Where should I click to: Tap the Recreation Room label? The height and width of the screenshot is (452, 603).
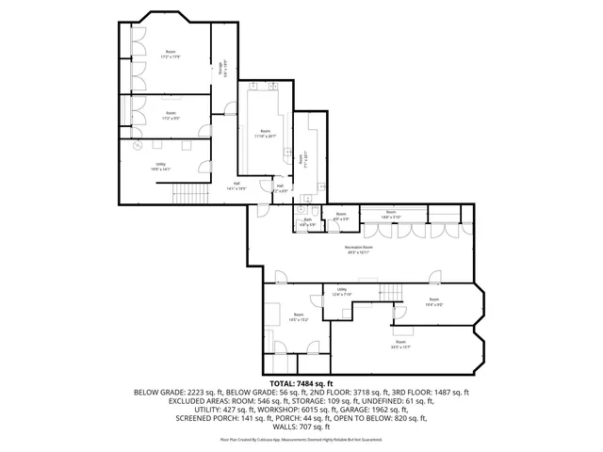pos(357,250)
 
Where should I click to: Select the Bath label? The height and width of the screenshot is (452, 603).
pos(307,223)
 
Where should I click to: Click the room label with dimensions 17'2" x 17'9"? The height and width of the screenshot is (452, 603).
pos(171,54)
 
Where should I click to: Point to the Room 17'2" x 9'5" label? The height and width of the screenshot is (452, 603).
pos(171,116)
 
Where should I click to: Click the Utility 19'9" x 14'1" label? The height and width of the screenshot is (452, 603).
pos(160,167)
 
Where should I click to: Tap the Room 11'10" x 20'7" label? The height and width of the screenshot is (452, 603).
pos(265,134)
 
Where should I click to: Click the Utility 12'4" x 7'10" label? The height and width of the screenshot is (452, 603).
pos(341,292)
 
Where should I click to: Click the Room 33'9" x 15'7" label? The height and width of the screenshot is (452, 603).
pos(401,344)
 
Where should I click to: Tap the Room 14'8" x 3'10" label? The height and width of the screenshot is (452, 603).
pos(390,214)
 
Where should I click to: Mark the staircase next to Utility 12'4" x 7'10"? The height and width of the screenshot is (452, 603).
pos(390,291)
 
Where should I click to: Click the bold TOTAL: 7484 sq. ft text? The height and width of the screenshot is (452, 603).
pos(301,383)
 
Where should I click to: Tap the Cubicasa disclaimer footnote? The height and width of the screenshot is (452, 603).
pos(301,439)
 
